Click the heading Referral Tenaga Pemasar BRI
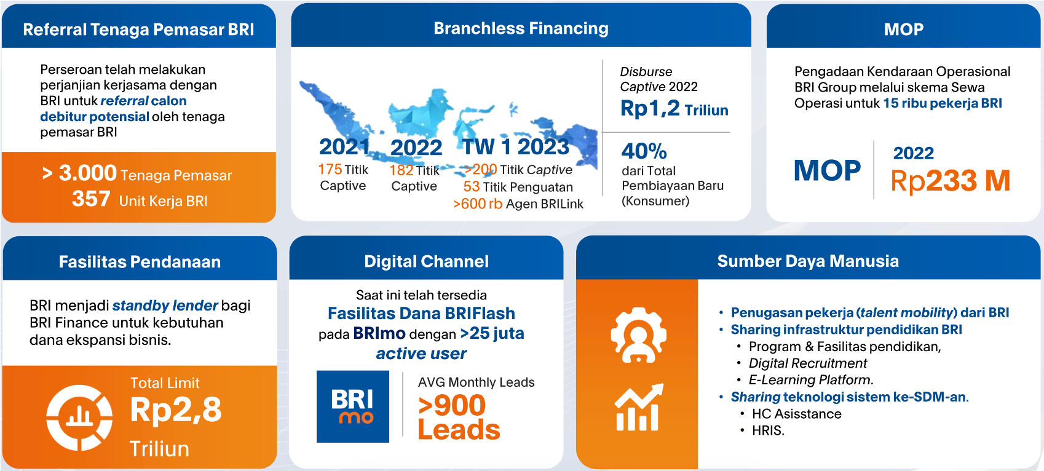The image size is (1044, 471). coord(138,30)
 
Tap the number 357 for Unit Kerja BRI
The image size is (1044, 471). coord(91,199)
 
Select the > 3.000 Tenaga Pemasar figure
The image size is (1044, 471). coord(136,173)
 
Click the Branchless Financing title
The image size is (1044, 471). coord(521,28)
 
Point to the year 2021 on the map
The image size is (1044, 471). coord(344,147)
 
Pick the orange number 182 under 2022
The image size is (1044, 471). coord(401,170)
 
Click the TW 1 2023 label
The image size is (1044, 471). coord(516,147)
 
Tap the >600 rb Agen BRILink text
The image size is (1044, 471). coord(518,204)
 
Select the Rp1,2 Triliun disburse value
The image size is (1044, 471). coord(674,109)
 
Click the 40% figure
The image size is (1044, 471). coord(644,151)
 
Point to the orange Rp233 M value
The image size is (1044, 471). coord(951,180)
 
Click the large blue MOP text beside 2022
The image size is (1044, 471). coord(828,170)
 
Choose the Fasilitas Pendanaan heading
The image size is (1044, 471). coord(140,262)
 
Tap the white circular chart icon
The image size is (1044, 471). coord(79,418)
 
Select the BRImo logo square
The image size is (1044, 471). coord(353,406)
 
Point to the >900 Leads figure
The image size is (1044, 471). coord(459,417)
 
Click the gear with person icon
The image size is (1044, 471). coord(639,334)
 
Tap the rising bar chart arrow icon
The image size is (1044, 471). coord(639,407)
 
